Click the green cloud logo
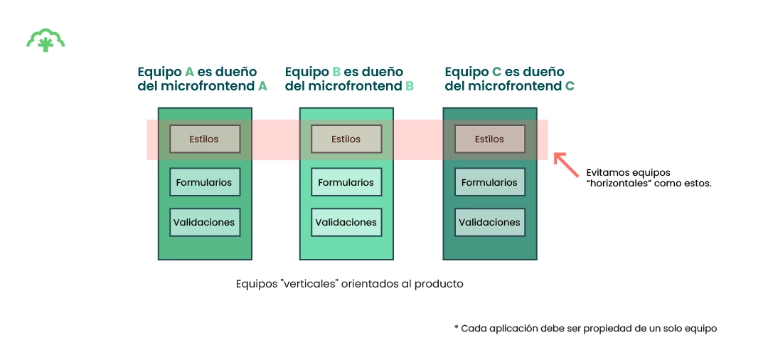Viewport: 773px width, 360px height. (x=46, y=41)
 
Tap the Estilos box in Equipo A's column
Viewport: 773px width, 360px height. (x=205, y=139)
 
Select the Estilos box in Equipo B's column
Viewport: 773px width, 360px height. (x=346, y=139)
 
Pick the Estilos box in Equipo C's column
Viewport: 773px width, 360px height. (x=489, y=139)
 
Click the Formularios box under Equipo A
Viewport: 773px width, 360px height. (x=205, y=182)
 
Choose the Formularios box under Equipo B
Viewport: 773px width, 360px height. (x=346, y=182)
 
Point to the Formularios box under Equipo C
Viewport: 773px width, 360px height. (x=489, y=182)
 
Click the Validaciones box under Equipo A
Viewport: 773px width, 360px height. (x=205, y=222)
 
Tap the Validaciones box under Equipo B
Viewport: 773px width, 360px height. (x=346, y=222)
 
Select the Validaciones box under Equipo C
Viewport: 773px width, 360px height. (x=489, y=222)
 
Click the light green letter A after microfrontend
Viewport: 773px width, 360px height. (x=262, y=86)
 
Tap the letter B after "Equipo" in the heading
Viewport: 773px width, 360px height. (x=336, y=72)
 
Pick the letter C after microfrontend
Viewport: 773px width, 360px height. (x=570, y=86)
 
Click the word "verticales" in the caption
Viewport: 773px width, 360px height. (x=309, y=284)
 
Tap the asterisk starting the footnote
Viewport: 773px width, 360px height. (x=456, y=328)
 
